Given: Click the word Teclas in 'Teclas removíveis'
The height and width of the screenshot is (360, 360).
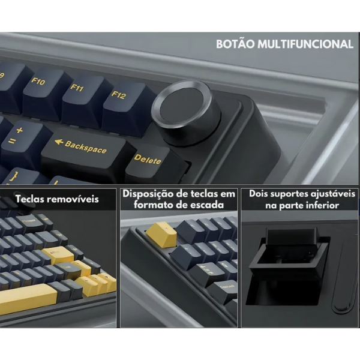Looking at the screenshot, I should (33, 199).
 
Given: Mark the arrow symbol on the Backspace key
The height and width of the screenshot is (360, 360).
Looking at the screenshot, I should (59, 142).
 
